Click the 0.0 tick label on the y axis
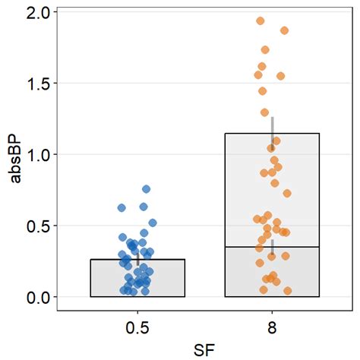pos(37,297)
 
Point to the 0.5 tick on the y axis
pos(37,226)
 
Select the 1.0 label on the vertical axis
pos(37,154)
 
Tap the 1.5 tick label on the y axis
pos(37,83)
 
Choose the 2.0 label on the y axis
pos(37,12)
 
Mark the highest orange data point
pos(261,21)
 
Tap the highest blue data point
pos(147,189)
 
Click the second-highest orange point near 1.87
pos(285,30)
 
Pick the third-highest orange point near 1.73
pos(265,50)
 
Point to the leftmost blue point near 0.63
pos(122,207)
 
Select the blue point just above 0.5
pos(153,223)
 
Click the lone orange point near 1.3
pos(265,112)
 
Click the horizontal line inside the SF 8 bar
pos(272,247)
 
